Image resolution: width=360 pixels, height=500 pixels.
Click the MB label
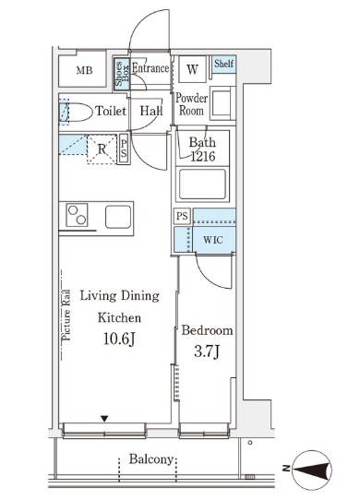coord(85,70)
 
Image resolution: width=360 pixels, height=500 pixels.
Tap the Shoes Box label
coord(122,74)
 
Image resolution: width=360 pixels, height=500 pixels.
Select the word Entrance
coord(150,68)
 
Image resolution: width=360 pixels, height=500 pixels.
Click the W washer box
coord(192,69)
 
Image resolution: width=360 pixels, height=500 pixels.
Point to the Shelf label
coord(223,63)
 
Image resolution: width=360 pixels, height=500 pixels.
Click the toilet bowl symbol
coord(76,112)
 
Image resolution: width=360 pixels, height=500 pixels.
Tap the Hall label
coord(151,111)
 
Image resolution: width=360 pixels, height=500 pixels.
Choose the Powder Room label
coord(191,104)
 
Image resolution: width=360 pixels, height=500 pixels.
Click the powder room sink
coord(222,103)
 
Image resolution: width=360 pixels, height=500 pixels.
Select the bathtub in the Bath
coord(202,185)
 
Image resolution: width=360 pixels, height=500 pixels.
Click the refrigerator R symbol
coord(102,149)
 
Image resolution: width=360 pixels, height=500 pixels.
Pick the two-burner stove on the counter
coord(77,215)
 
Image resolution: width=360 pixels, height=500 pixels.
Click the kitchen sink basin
coord(118,217)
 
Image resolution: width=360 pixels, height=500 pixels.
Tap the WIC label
coord(213,240)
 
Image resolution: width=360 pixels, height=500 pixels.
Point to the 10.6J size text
coord(119,339)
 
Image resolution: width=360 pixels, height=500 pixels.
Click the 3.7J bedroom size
coord(207,351)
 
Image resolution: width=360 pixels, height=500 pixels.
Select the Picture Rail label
coord(66,315)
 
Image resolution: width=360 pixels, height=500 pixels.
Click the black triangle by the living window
coord(104,419)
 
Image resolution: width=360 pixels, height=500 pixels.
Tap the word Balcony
coord(151,459)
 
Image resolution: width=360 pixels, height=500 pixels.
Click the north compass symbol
coord(312,470)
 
